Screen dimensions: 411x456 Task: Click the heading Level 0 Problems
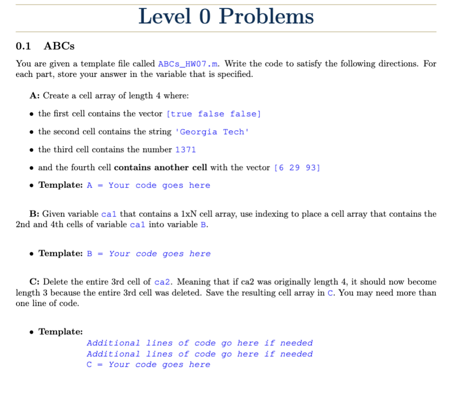[226, 16]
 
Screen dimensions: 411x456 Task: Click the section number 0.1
[23, 46]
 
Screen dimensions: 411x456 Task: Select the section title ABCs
[59, 46]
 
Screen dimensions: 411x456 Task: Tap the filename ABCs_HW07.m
[188, 64]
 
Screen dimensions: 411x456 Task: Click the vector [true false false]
[214, 114]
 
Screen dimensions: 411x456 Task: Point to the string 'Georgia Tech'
[212, 132]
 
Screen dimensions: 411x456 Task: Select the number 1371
[186, 150]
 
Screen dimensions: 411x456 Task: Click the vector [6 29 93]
[297, 168]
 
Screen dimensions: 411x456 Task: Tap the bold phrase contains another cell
[161, 168]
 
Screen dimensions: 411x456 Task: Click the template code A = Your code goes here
[148, 186]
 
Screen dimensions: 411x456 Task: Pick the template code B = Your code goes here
[148, 254]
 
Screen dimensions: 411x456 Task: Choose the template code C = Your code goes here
[148, 365]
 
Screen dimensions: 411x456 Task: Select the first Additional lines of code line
[200, 343]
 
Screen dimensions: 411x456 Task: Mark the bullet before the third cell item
[32, 150]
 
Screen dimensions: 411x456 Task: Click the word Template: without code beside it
[60, 332]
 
